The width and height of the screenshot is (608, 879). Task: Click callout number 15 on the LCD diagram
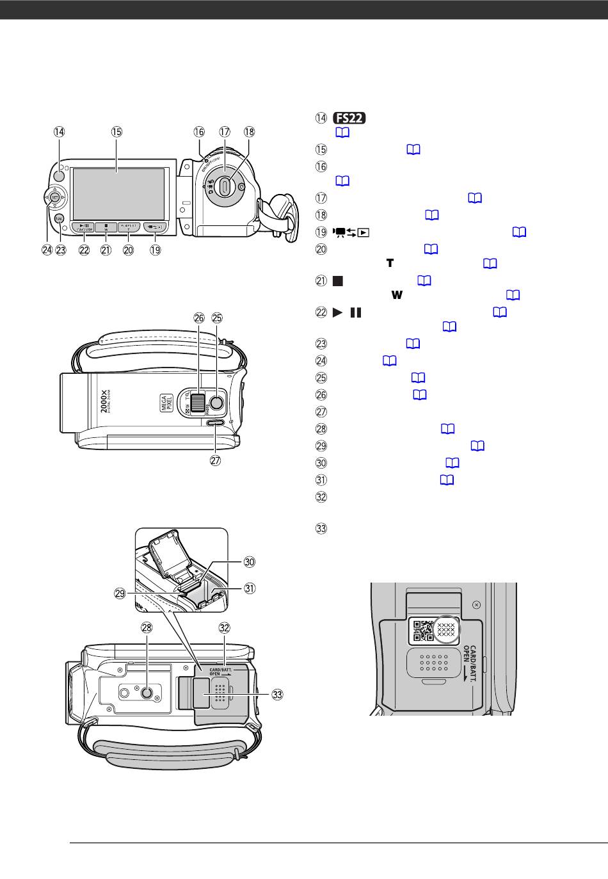[116, 132]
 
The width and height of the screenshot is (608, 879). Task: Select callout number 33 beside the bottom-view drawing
[277, 693]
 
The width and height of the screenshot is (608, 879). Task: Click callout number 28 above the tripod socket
[147, 628]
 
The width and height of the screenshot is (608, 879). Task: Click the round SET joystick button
[55, 197]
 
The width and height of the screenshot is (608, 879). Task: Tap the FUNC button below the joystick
[59, 219]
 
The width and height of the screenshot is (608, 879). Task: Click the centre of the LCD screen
[118, 191]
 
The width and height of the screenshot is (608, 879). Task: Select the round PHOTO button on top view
[217, 402]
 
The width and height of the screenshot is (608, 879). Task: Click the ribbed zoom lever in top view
[198, 402]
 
